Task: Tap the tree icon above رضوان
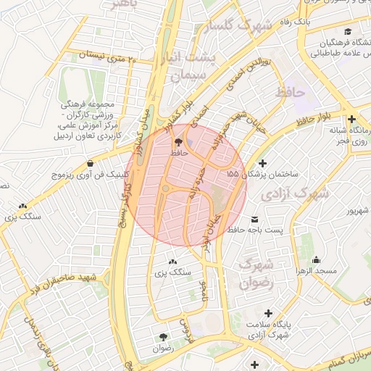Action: point(162,337)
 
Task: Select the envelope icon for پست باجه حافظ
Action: point(254,219)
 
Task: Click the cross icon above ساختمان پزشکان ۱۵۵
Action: point(262,163)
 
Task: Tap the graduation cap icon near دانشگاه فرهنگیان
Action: point(348,32)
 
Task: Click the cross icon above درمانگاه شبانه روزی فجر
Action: point(351,120)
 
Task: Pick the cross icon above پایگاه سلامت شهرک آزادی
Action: point(269,313)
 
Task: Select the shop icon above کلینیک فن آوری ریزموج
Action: point(90,163)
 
